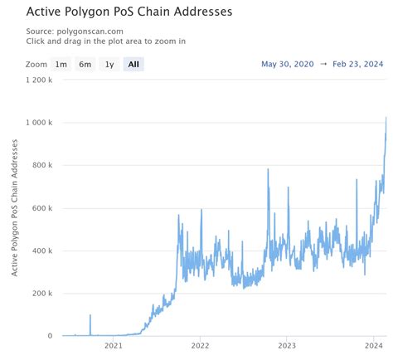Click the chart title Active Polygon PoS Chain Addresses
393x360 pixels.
[116, 12]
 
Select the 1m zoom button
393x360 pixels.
[61, 64]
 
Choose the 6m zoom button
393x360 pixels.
[85, 64]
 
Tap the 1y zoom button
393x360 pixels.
[109, 64]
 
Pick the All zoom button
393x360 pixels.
[133, 64]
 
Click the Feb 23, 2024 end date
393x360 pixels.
[357, 64]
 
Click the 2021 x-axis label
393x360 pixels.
[113, 347]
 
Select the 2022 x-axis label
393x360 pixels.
[200, 347]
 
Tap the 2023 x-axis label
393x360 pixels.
[287, 347]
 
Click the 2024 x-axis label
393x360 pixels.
[373, 347]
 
